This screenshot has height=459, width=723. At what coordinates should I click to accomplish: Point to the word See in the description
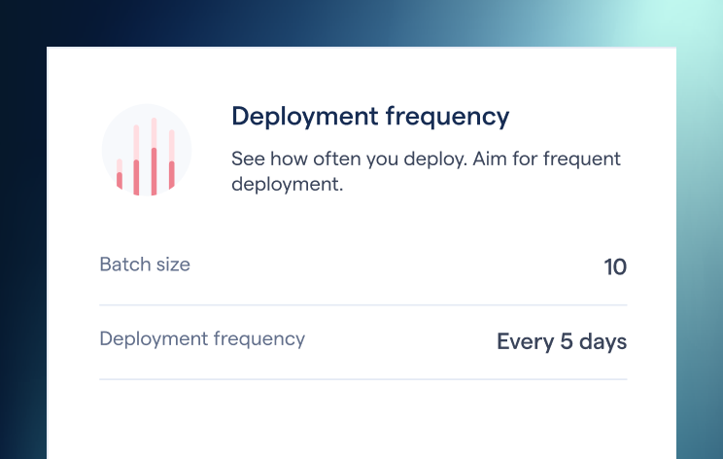pyautogui.click(x=247, y=159)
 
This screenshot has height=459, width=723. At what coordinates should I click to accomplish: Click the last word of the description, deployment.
pyautogui.click(x=288, y=184)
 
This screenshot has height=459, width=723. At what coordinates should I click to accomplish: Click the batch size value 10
pyautogui.click(x=615, y=266)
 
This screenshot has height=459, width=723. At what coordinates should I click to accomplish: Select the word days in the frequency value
pyautogui.click(x=602, y=342)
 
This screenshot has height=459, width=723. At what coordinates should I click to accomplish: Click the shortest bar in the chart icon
pyautogui.click(x=120, y=174)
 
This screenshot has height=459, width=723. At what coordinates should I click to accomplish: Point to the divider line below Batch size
pyautogui.click(x=363, y=304)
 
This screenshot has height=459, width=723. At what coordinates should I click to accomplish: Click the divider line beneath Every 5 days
pyautogui.click(x=363, y=378)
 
